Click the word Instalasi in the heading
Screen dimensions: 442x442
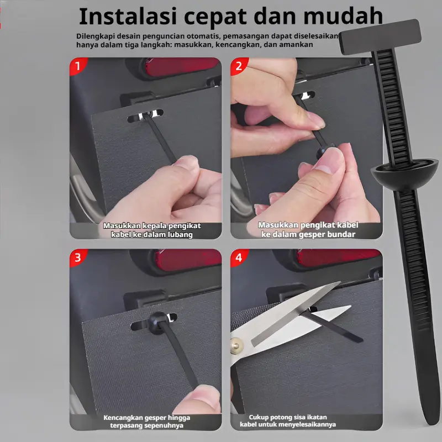pyautogui.click(x=128, y=17)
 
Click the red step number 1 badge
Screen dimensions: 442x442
pyautogui.click(x=78, y=66)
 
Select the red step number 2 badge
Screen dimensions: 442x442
pyautogui.click(x=239, y=66)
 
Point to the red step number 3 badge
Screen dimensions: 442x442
pyautogui.click(x=78, y=257)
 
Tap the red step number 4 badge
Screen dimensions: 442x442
pyautogui.click(x=239, y=257)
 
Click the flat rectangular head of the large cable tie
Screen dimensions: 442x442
pyautogui.click(x=381, y=36)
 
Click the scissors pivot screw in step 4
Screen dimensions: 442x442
pyautogui.click(x=236, y=346)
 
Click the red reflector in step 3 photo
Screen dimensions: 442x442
pyautogui.click(x=187, y=260)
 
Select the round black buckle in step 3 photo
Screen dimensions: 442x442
pyautogui.click(x=158, y=322)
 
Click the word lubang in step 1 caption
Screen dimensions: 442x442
pyautogui.click(x=180, y=234)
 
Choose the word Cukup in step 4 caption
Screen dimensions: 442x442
pyautogui.click(x=259, y=417)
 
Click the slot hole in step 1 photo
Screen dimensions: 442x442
pyautogui.click(x=145, y=115)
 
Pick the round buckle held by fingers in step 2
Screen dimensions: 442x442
pyautogui.click(x=325, y=151)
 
